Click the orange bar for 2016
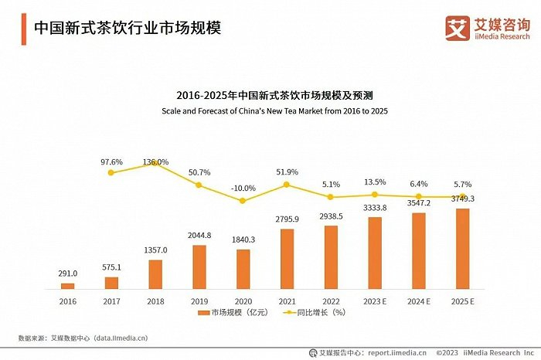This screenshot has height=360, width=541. pyautogui.click(x=68, y=286)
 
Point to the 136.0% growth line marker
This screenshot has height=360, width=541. pyautogui.click(x=155, y=164)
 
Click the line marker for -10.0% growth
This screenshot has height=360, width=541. pyautogui.click(x=243, y=201)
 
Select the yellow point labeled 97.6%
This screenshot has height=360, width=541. pyautogui.click(x=111, y=172)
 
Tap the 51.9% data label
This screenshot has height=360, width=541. pyautogui.click(x=287, y=172)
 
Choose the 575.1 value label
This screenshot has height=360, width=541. pyautogui.click(x=111, y=267)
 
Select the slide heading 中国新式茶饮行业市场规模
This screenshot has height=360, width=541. pyautogui.click(x=128, y=29)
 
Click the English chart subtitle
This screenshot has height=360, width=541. pyautogui.click(x=274, y=111)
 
